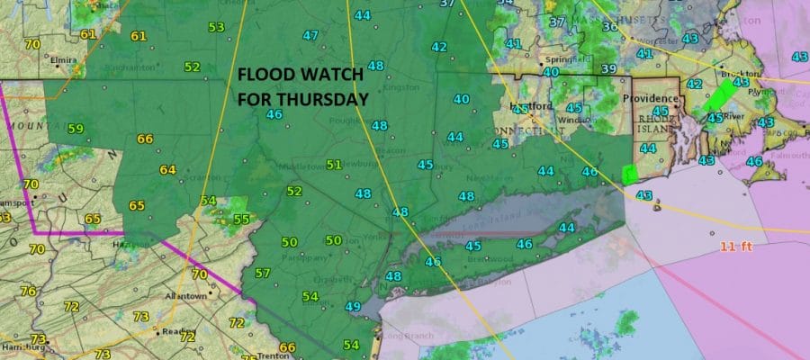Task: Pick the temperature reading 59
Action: tap(75, 129)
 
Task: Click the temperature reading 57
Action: tap(262, 274)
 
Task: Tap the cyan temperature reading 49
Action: tap(353, 307)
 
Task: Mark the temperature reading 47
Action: tap(310, 36)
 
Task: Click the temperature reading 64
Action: tap(167, 169)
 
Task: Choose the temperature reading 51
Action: tap(334, 164)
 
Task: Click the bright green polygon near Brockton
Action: tap(723, 94)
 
